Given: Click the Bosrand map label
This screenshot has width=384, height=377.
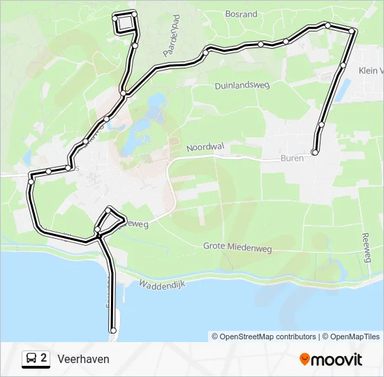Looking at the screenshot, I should pyautogui.click(x=242, y=14).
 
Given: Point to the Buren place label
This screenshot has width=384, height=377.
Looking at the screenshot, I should pyautogui.click(x=292, y=158).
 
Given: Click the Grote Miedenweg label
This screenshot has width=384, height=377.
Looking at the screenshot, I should pyautogui.click(x=237, y=246).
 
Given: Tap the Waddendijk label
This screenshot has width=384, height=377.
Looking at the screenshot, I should pyautogui.click(x=161, y=286).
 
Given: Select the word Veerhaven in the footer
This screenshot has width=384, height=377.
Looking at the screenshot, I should pyautogui.click(x=83, y=359).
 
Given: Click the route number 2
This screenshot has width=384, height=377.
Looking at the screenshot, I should pyautogui.click(x=44, y=358).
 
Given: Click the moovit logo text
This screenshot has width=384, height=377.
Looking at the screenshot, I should pyautogui.click(x=337, y=360).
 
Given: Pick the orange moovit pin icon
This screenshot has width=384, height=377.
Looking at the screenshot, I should pyautogui.click(x=304, y=360).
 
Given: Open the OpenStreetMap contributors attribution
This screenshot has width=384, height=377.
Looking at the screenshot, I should pyautogui.click(x=264, y=337).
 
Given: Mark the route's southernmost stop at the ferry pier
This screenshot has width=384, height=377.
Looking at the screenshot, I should pyautogui.click(x=112, y=330).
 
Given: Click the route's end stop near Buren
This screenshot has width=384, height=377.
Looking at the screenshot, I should pyautogui.click(x=315, y=151).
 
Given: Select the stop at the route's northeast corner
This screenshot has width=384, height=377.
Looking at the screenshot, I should pyautogui.click(x=353, y=31).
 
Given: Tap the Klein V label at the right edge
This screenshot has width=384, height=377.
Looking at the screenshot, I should pyautogui.click(x=371, y=71).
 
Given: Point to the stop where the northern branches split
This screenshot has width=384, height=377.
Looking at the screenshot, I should pyautogui.click(x=123, y=93).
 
